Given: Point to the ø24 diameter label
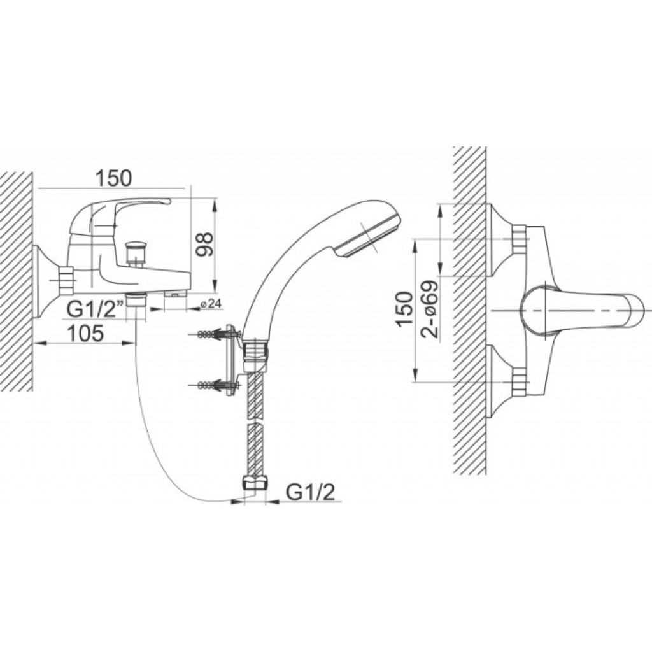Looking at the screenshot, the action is [211, 304].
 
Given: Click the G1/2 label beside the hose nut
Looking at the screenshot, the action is [310, 493].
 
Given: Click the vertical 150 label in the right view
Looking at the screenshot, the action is [405, 309].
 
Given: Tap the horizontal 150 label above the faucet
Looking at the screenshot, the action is [113, 178].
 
